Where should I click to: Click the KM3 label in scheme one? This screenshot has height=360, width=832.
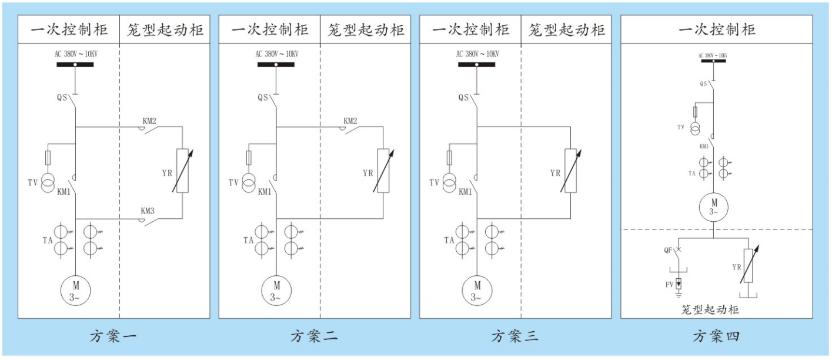[149, 210]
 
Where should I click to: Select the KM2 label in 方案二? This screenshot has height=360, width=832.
[350, 121]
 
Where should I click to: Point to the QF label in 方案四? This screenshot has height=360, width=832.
[668, 250]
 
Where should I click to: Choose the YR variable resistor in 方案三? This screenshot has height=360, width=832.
[570, 171]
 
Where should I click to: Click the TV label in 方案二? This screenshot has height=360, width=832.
[233, 183]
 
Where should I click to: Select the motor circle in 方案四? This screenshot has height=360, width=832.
[713, 207]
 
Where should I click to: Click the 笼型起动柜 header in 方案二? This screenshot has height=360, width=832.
[365, 30]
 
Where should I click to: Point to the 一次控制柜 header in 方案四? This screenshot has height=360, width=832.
[717, 30]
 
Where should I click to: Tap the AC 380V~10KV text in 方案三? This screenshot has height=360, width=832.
[477, 54]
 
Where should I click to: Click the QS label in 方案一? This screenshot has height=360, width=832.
[62, 97]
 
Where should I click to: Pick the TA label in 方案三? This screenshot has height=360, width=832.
[450, 240]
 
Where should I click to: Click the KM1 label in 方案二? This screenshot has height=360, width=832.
[265, 192]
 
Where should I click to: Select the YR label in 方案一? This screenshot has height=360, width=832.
[167, 173]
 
